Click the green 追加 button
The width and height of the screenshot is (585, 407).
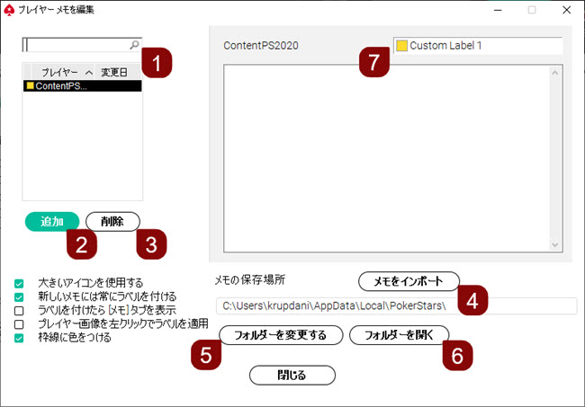click(52, 221)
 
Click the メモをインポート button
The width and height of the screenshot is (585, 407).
click(409, 281)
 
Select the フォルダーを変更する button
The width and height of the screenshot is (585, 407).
click(281, 335)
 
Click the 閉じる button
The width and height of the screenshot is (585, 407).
click(292, 375)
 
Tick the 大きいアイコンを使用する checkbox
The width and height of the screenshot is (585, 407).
click(19, 283)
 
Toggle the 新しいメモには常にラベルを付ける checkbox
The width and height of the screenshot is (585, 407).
click(19, 296)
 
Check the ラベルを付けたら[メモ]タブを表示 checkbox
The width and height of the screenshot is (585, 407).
click(19, 310)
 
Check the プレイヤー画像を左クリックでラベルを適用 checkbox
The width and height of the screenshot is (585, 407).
click(19, 323)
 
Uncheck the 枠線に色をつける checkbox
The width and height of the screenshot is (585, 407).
click(19, 338)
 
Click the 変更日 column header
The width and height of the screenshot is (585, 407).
click(114, 71)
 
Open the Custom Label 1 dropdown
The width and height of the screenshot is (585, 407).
click(477, 45)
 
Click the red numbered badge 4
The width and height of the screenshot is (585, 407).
click(472, 299)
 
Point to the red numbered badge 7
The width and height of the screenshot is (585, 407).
click(373, 63)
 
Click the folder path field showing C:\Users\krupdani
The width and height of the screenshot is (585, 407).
click(396, 306)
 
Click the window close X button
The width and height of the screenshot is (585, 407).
click(564, 10)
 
